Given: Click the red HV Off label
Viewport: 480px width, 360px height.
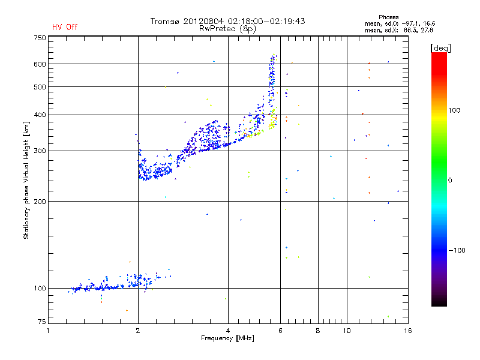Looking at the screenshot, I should pyautogui.click(x=65, y=27).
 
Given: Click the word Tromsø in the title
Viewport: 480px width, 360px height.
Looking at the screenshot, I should pyautogui.click(x=168, y=21).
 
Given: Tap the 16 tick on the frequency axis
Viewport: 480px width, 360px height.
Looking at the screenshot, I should pyautogui.click(x=407, y=331).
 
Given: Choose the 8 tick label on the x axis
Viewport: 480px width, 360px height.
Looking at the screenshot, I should pyautogui.click(x=318, y=331).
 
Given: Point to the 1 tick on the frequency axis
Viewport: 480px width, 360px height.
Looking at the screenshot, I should pyautogui.click(x=49, y=331).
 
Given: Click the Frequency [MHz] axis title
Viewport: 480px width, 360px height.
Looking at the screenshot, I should pyautogui.click(x=227, y=338).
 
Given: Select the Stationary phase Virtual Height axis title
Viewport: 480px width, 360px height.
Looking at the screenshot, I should pyautogui.click(x=26, y=180).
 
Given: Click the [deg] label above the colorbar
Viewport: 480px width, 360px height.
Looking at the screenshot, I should pyautogui.click(x=441, y=47).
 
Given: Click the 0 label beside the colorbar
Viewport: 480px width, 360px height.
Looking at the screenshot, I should pyautogui.click(x=451, y=180).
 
